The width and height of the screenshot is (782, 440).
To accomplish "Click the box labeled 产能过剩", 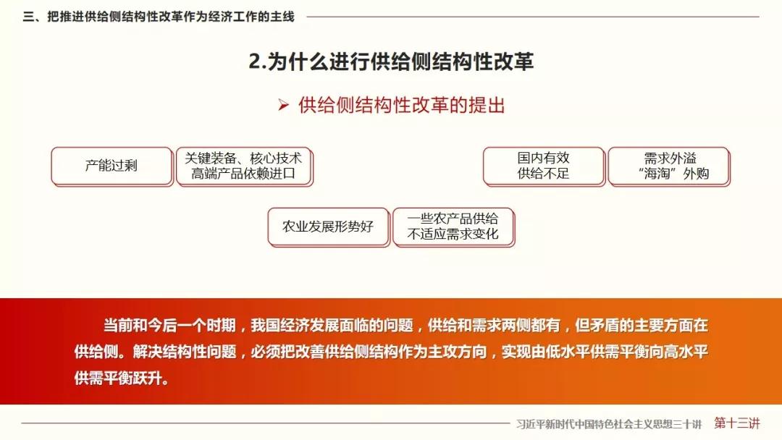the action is tap(112, 166).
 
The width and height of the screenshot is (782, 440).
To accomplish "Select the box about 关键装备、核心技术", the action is tap(245, 166).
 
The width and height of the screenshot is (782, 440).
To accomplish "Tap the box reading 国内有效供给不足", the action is tap(544, 166).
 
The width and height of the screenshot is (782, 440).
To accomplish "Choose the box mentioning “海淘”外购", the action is tap(669, 166).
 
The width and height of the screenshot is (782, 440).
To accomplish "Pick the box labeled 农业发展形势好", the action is tap(328, 227).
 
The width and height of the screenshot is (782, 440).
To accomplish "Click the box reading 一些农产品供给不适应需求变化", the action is tap(453, 227).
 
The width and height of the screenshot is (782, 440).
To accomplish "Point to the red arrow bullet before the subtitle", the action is tap(284, 105).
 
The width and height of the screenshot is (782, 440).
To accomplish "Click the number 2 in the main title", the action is tap(255, 62).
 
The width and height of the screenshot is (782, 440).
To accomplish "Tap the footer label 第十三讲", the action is tap(736, 423).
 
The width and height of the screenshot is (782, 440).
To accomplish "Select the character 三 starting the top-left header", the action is tap(28, 17).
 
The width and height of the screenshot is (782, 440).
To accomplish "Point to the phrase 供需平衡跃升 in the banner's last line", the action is tap(118, 378).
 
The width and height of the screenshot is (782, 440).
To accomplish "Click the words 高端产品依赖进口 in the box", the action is tap(243, 174).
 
